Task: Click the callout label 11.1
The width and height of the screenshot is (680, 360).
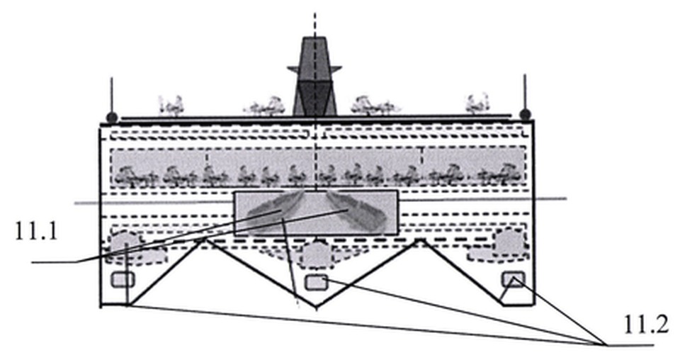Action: coord(36,231)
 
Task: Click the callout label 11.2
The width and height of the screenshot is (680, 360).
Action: coord(646,324)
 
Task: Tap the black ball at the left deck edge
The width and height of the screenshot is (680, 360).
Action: coord(112,117)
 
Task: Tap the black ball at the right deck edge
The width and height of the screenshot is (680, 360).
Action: coord(525,115)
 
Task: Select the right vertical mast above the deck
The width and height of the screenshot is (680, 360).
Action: coord(525,92)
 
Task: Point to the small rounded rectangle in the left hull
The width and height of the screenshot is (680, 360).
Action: coord(123,280)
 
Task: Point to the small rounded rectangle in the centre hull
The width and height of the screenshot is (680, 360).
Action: coord(316,282)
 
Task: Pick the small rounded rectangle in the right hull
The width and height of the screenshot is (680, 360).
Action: coord(513,279)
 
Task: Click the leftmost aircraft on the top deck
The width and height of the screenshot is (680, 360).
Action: coord(171,106)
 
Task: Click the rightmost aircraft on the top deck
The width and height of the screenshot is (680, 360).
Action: coord(477,104)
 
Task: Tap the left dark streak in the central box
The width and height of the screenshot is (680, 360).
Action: coord(275,208)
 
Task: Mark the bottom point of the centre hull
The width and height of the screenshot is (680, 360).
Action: coord(316,308)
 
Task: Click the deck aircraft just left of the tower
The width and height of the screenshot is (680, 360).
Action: coord(265,107)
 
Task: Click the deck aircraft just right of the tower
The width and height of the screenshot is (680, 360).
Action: coord(374,106)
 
